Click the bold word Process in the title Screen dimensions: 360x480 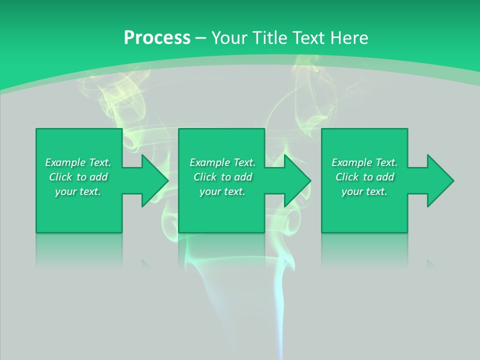pos(157,38)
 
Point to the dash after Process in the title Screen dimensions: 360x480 pos(200,38)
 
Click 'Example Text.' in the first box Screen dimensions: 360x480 pos(78,162)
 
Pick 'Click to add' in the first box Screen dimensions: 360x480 pos(78,177)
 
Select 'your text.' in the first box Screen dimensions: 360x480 pos(78,191)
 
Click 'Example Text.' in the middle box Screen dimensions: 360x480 pos(222,162)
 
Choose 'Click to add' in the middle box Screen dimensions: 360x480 pos(222,177)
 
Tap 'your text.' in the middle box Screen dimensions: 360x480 pos(222,191)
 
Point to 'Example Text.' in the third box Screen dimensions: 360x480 pos(364,162)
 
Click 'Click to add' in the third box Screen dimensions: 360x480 pos(364,177)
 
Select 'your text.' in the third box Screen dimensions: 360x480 pos(364,191)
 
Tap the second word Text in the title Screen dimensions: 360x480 pos(308,38)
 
